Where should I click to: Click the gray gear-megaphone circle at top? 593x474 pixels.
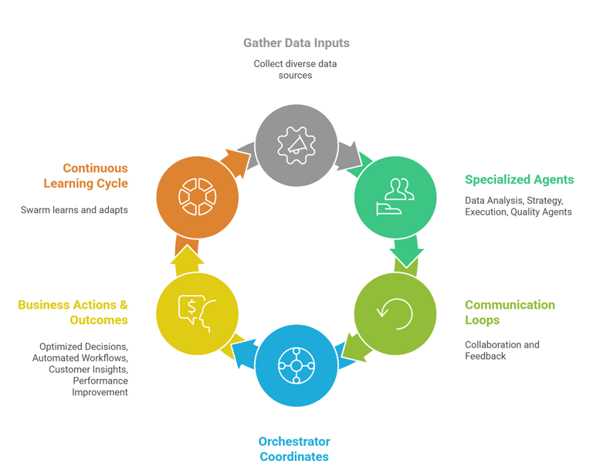296,145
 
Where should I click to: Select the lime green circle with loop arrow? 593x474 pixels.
395,314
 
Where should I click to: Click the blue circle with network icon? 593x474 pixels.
296,365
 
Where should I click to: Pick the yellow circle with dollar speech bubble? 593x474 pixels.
197,314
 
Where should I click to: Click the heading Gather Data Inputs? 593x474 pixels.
296,43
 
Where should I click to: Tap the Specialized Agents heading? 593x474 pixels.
519,180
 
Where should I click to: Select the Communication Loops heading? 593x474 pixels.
510,313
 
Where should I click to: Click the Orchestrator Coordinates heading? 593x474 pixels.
294,449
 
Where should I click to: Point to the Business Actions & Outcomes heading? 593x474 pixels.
73,313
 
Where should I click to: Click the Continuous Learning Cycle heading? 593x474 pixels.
86,176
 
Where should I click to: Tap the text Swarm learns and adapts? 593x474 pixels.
74,210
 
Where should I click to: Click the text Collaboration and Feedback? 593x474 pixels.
502,350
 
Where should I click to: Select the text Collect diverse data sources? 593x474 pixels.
295,69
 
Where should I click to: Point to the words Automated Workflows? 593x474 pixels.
80,358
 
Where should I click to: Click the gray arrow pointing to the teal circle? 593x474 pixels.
351,154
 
